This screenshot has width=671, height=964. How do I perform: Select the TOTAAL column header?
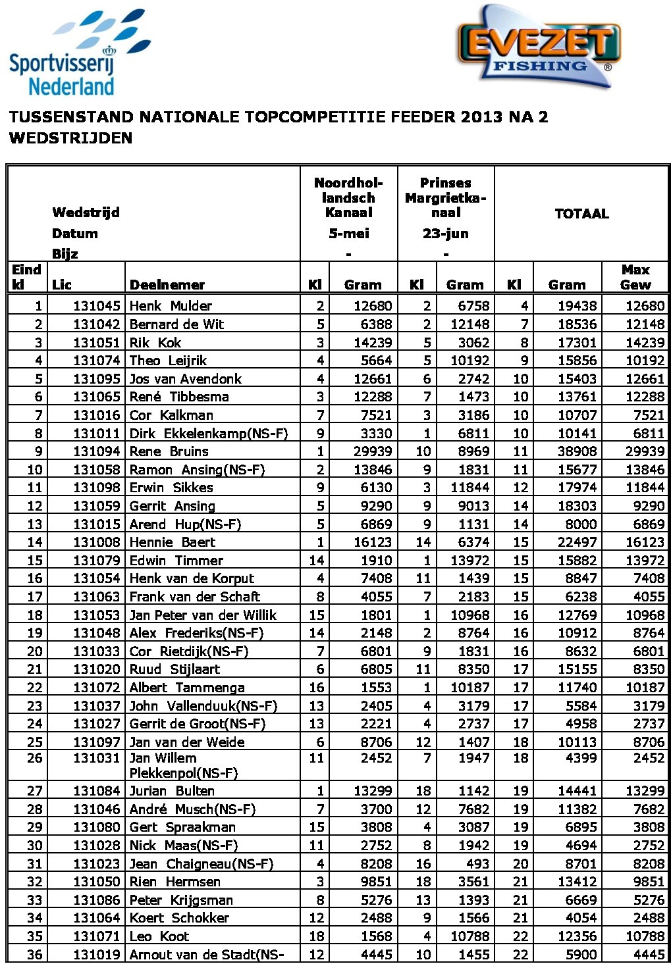tap(581, 214)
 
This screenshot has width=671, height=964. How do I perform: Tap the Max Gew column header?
tap(635, 277)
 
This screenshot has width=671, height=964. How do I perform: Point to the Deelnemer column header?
tap(167, 285)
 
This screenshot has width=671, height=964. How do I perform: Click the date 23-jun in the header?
tap(446, 234)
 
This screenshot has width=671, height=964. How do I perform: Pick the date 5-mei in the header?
tap(348, 234)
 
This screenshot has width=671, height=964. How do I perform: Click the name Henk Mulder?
tap(171, 306)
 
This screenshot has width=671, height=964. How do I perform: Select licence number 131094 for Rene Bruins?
tap(97, 451)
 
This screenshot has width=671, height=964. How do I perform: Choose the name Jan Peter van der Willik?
tap(203, 615)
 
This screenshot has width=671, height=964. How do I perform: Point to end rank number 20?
tap(35, 651)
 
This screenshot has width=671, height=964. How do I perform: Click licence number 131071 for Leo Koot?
tap(97, 936)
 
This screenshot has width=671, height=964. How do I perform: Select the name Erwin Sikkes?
tap(171, 488)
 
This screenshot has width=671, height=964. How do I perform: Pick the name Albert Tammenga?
tap(187, 688)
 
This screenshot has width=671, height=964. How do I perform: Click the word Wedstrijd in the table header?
tap(86, 213)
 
